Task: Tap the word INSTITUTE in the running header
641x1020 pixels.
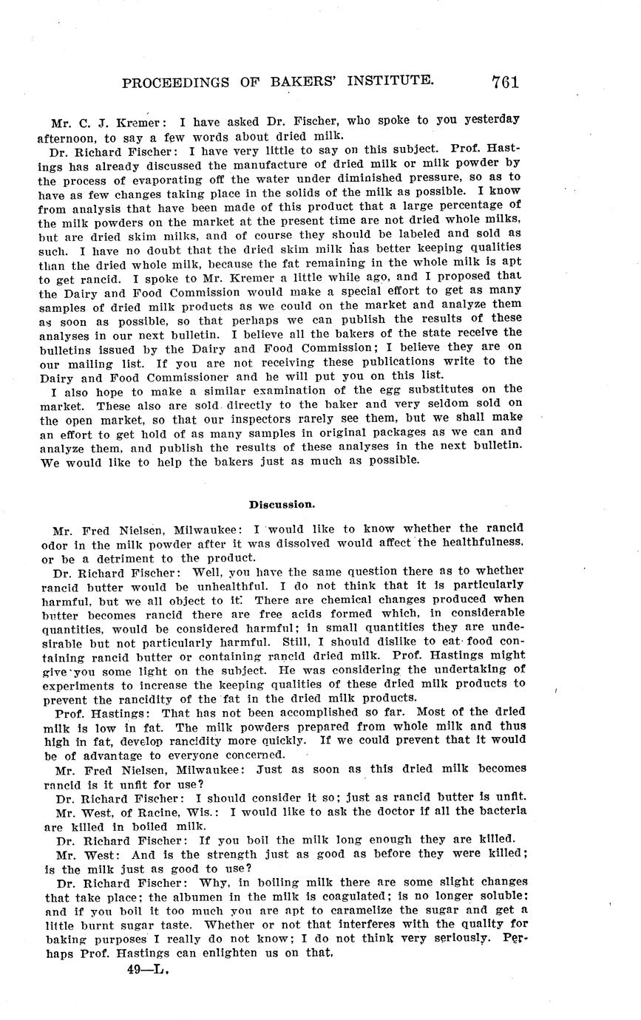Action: click(x=382, y=81)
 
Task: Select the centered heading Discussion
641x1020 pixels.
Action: click(x=282, y=505)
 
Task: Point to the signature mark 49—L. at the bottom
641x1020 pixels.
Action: click(x=148, y=970)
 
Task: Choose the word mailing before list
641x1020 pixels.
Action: click(x=98, y=362)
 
